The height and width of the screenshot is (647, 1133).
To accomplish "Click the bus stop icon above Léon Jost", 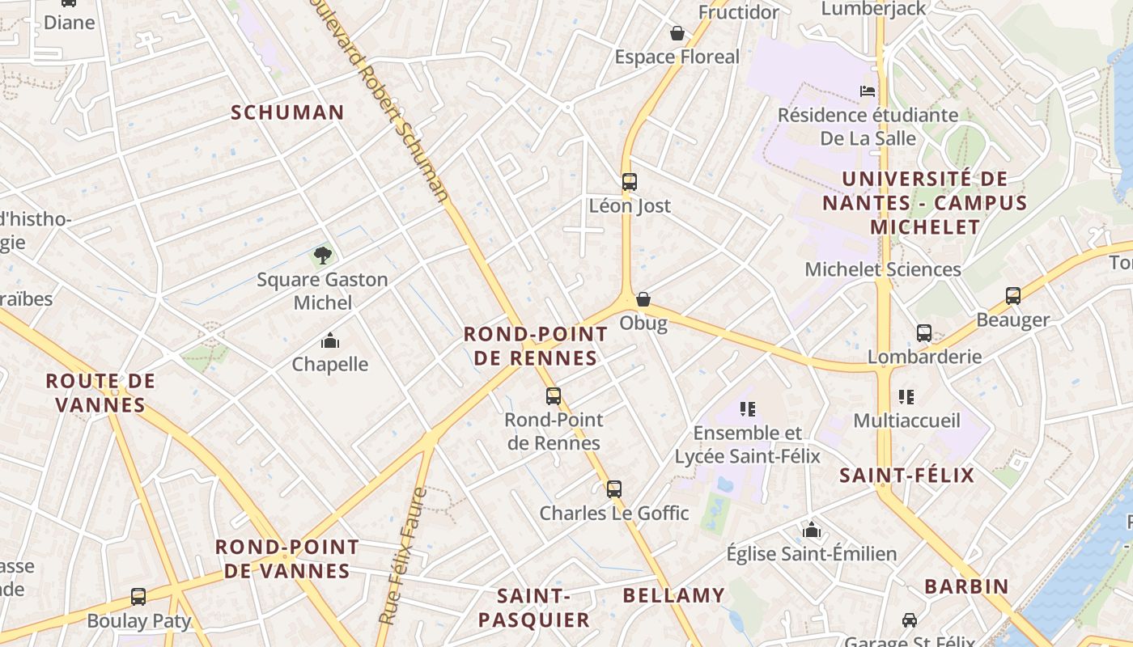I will tap(630, 182).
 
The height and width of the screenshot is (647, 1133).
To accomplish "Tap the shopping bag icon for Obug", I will tap(643, 299).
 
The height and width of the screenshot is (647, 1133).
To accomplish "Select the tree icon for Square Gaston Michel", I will tap(323, 256).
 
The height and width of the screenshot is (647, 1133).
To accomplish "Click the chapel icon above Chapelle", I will tap(330, 340).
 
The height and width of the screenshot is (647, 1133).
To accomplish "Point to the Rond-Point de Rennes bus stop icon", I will tap(554, 396).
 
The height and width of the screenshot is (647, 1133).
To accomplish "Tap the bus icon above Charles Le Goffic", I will tap(614, 489).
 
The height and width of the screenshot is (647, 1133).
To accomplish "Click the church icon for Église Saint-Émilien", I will tap(812, 531).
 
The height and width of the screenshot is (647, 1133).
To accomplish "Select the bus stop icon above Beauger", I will tap(1013, 296).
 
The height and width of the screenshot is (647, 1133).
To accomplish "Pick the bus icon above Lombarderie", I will tap(924, 332).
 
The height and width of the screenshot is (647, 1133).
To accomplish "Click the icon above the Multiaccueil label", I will tap(906, 397).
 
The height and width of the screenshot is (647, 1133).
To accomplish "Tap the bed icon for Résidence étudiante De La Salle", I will tap(868, 91).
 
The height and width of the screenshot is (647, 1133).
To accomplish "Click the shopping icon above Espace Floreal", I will tap(677, 33).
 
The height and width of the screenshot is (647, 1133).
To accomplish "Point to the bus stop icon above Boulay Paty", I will tap(138, 597).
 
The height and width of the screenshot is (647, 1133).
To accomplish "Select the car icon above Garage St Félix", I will tap(910, 620).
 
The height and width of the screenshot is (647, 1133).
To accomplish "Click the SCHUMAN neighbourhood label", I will tap(288, 112).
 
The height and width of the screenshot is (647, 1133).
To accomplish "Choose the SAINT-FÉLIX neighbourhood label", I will tap(906, 475).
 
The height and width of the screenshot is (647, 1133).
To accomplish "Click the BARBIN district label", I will tap(966, 586).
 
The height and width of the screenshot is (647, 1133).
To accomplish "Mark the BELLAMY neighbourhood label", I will tap(673, 596).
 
